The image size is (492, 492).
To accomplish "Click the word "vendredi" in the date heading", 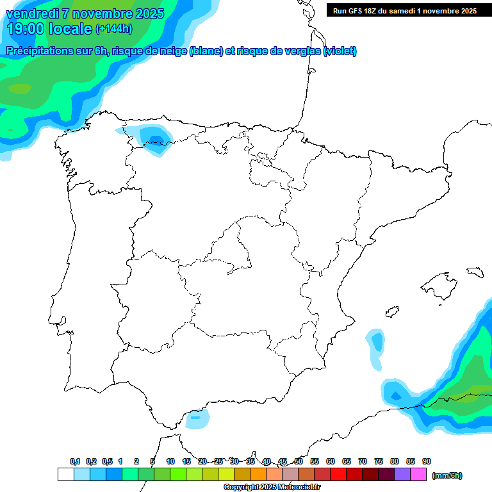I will click(x=32, y=13).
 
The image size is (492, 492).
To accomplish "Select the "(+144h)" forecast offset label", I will click(x=113, y=28).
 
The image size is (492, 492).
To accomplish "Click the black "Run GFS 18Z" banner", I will click(x=404, y=10).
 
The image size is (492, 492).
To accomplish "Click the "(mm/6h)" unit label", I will click(x=447, y=475).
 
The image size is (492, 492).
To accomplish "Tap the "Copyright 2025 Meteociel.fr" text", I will click(x=272, y=488).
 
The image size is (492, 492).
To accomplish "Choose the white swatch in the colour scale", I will click(x=65, y=475).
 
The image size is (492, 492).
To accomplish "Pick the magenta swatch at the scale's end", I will click(x=419, y=475).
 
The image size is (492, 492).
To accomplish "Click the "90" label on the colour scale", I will click(x=427, y=461).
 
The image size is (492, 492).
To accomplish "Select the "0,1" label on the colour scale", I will click(x=75, y=461).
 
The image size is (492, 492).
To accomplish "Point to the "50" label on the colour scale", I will click(x=299, y=461).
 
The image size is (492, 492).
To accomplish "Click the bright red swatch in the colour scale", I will click(x=338, y=475).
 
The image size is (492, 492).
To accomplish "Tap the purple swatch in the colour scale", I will click(x=402, y=475).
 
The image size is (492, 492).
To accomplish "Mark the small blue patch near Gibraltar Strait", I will click(x=197, y=419).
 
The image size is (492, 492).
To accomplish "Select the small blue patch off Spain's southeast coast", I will click(x=376, y=341).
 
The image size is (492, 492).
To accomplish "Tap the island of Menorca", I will click(x=475, y=272).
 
